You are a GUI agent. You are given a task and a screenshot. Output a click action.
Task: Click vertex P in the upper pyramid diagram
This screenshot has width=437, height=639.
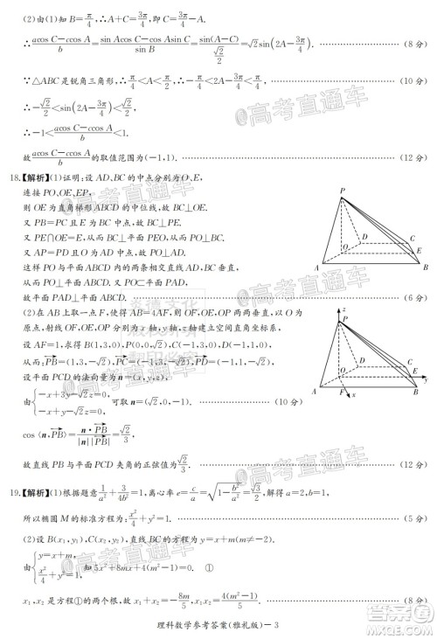click(343, 192)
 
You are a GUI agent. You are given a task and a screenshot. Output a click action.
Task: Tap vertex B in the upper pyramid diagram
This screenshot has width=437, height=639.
click(426, 267)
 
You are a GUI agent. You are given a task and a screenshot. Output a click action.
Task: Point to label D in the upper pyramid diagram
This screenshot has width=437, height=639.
click(364, 235)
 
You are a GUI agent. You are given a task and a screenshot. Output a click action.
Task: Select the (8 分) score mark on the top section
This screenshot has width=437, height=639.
click(412, 66)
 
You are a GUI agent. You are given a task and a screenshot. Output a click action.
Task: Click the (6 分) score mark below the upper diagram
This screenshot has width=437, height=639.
click(412, 298)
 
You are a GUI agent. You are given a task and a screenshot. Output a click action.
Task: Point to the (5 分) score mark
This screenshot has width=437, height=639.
click(412, 519)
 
